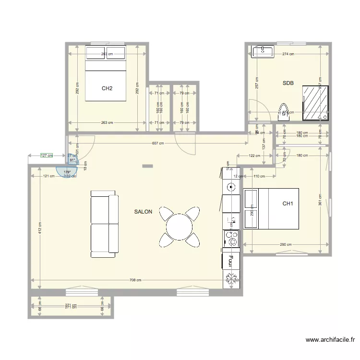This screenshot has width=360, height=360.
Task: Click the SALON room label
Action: pyautogui.click(x=143, y=212)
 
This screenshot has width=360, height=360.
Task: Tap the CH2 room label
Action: pyautogui.click(x=107, y=88)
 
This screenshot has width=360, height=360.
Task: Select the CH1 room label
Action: pyautogui.click(x=288, y=204)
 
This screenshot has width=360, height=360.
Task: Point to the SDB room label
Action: pyautogui.click(x=288, y=83)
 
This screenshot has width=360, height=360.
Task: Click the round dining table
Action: pyautogui.click(x=179, y=226)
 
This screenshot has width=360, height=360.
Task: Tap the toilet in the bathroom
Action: pyautogui.click(x=284, y=112)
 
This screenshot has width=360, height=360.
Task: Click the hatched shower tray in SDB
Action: pyautogui.click(x=316, y=103)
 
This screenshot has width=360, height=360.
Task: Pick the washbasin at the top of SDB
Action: pyautogui.click(x=262, y=51)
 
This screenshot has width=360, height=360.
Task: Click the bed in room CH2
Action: pyautogui.click(x=106, y=73)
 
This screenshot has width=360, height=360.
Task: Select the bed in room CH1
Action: pyautogui.click(x=271, y=208)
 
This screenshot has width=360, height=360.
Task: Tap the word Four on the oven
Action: pyautogui.click(x=231, y=261)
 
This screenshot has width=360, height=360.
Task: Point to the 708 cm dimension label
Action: pyautogui.click(x=135, y=280)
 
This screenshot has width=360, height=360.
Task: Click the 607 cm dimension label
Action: pyautogui.click(x=158, y=143)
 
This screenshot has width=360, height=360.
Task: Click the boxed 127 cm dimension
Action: pyautogui.click(x=47, y=156)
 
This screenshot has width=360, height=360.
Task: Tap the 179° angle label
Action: pyautogui.click(x=67, y=172)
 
